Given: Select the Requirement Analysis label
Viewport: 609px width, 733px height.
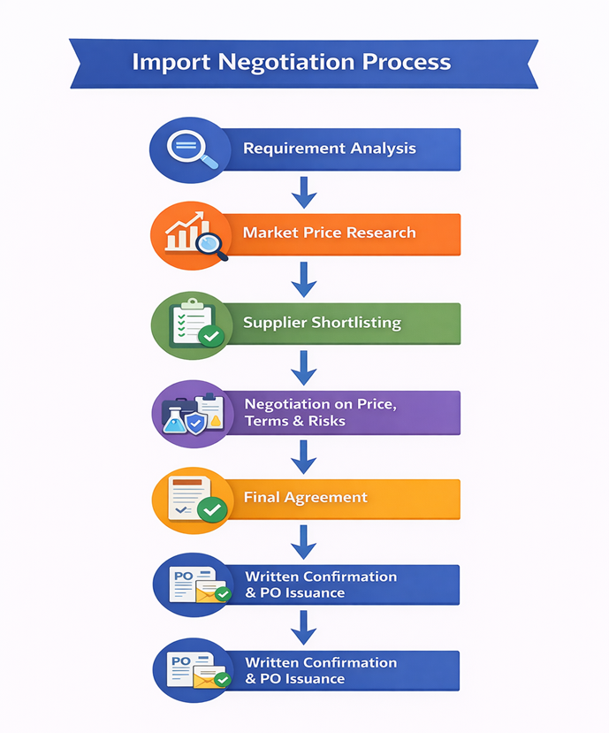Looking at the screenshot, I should pos(329,149).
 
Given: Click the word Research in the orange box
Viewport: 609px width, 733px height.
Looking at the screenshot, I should pos(375,233).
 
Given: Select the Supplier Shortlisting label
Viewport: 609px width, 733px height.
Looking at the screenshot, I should pos(322,323).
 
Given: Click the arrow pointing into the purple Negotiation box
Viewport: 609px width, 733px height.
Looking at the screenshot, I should pos(304,366).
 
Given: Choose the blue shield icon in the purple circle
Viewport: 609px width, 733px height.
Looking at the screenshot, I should pos(196,422).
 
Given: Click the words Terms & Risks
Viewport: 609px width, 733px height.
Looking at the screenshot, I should pos(294,421).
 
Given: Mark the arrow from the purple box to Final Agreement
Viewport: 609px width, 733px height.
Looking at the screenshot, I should pos(304,456).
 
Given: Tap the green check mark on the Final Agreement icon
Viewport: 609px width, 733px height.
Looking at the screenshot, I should pos(211,509).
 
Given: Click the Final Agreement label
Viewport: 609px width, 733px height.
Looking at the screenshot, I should pos(305,497).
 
